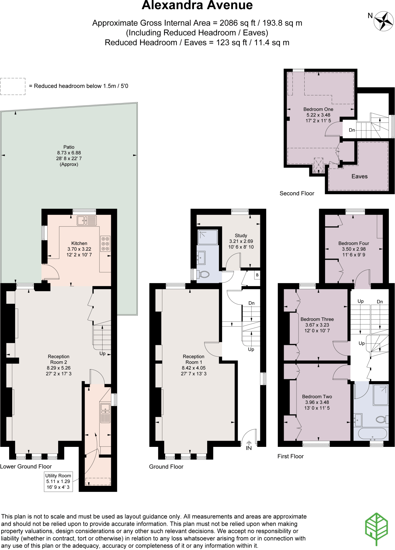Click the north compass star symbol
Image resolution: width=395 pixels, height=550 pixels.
tap(384, 21)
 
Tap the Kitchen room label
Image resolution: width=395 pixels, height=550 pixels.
tap(79, 243)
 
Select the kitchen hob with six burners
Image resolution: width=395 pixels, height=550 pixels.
tap(105, 244)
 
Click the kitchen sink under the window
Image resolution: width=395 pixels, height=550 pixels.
tap(87, 220)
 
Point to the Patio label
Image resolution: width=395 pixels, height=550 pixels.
tap(69, 147)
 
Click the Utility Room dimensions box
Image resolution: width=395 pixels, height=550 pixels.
tap(58, 482)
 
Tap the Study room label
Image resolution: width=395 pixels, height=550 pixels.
tap(241, 236)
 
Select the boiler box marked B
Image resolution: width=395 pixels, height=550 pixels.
tap(257, 275)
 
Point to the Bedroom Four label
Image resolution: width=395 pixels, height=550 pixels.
tap(354, 243)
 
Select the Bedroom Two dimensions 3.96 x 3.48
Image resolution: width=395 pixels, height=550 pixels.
tap(317, 402)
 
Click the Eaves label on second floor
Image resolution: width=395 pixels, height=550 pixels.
tap(359, 176)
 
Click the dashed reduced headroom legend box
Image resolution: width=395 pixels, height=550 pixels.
tap(13, 86)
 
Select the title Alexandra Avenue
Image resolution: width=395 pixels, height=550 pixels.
tap(197, 5)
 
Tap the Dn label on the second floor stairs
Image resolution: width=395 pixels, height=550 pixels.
tap(352, 130)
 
